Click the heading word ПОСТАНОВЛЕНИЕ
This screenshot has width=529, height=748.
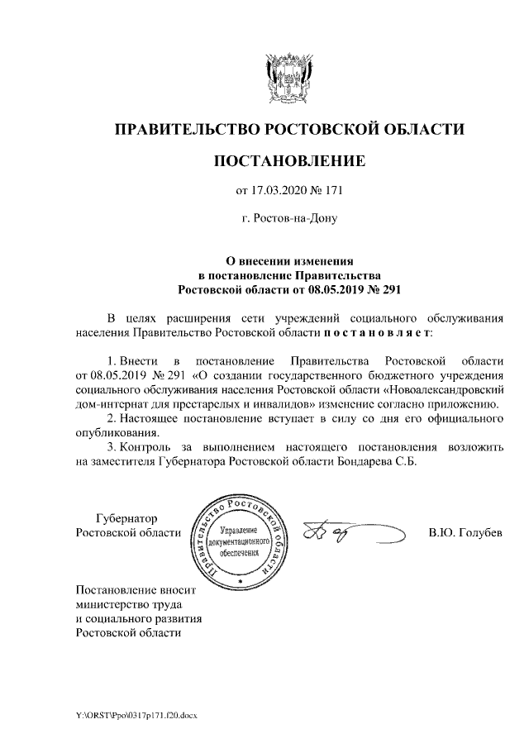coord(288,161)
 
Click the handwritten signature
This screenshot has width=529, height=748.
coord(339,535)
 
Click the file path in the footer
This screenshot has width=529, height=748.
coord(138,715)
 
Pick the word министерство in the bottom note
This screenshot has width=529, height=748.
coord(109,604)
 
